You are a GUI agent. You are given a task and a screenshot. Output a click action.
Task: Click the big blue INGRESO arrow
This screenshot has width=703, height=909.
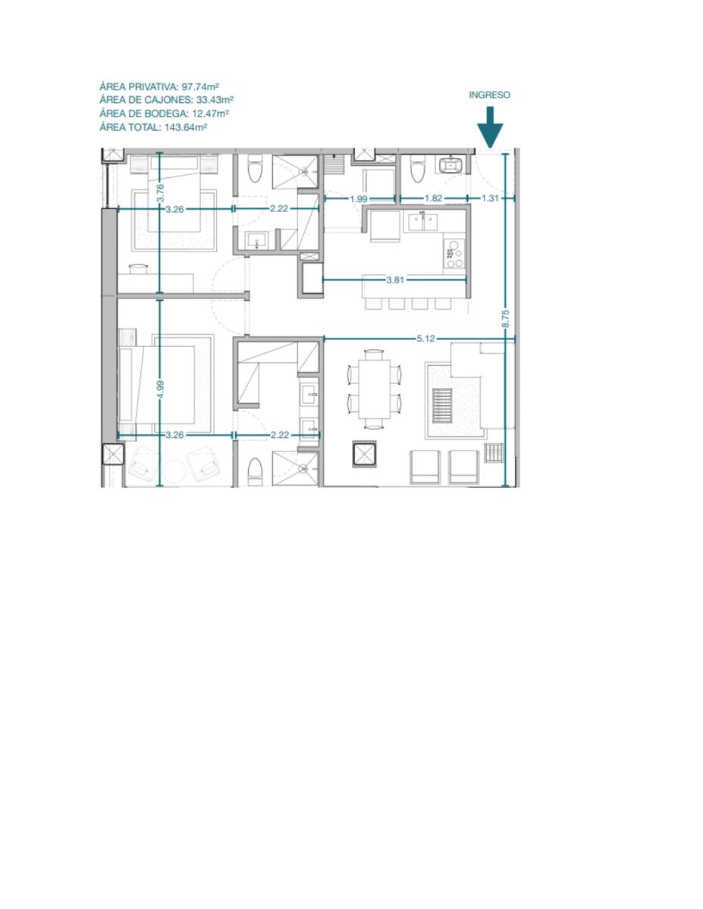(489, 127)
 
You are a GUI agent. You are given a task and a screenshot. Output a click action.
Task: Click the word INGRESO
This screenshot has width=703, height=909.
(489, 95)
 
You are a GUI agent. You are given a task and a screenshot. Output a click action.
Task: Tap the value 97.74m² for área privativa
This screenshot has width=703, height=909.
(199, 86)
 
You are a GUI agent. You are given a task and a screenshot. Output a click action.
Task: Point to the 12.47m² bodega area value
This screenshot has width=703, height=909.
(210, 114)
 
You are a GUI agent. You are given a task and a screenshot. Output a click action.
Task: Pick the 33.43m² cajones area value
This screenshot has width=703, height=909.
(215, 100)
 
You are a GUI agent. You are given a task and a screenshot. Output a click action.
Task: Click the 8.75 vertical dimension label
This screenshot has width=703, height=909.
(506, 319)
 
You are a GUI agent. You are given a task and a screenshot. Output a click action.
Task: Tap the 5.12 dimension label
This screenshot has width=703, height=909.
(425, 339)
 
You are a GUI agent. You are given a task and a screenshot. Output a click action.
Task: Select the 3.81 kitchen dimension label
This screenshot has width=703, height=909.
(395, 280)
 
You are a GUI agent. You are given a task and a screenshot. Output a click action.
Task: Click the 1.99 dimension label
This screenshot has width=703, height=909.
(359, 198)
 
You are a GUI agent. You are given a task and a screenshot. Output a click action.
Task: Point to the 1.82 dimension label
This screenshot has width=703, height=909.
(433, 198)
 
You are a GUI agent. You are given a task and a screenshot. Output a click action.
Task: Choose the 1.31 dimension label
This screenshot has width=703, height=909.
(491, 198)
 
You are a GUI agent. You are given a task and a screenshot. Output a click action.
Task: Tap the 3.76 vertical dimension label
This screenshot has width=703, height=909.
(159, 194)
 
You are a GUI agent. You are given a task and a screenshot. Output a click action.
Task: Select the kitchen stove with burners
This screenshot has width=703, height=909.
(454, 254)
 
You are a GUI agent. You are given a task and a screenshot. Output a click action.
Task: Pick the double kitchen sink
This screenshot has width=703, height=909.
(423, 221)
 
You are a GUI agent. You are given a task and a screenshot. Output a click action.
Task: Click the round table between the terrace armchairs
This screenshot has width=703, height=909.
(174, 471)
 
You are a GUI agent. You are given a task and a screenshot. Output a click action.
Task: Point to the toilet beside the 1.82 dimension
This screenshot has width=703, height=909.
(416, 168)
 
